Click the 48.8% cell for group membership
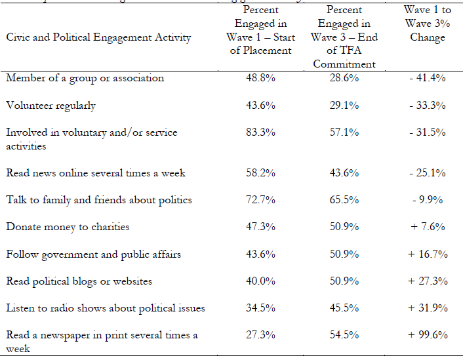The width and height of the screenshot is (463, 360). [x=260, y=78]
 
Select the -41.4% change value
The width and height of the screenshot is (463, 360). [x=427, y=78]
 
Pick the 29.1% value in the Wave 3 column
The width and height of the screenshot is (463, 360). [x=344, y=106]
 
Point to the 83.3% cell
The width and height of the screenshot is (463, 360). [x=260, y=132]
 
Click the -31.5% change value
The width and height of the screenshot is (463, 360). [x=427, y=132]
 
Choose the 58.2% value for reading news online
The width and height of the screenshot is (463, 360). [x=260, y=173]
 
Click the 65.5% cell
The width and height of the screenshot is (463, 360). [x=344, y=200]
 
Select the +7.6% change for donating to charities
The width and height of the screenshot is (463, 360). [x=427, y=227]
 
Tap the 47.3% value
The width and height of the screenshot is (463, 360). [x=260, y=227]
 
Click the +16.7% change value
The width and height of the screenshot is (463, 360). [x=427, y=254]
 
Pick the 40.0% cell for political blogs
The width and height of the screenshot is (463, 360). [x=260, y=281]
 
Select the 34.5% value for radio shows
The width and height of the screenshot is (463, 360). [x=260, y=308]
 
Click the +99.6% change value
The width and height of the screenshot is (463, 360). [x=427, y=335]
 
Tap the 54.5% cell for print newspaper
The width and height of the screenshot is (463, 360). [x=344, y=335]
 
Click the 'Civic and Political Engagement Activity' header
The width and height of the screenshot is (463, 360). [x=98, y=37]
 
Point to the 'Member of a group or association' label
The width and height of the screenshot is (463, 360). [x=85, y=78]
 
